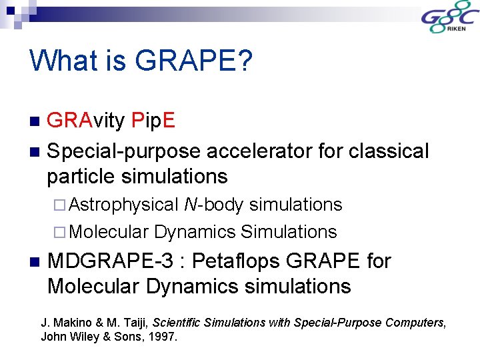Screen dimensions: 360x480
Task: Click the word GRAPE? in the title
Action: pyautogui.click(x=193, y=61)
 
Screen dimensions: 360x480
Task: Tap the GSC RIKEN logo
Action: pyautogui.click(x=447, y=19)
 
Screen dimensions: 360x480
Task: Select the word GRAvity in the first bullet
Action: pyautogui.click(x=86, y=120)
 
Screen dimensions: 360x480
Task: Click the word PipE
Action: pyautogui.click(x=153, y=120)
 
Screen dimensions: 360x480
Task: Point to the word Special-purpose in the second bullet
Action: pyautogui.click(x=124, y=151)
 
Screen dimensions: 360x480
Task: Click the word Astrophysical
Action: pyautogui.click(x=123, y=205)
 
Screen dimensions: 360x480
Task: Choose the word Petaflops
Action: pyautogui.click(x=241, y=261)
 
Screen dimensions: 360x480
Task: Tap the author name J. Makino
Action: pyautogui.click(x=65, y=323)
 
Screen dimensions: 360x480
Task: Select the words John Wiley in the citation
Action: pyautogui.click(x=69, y=337)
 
